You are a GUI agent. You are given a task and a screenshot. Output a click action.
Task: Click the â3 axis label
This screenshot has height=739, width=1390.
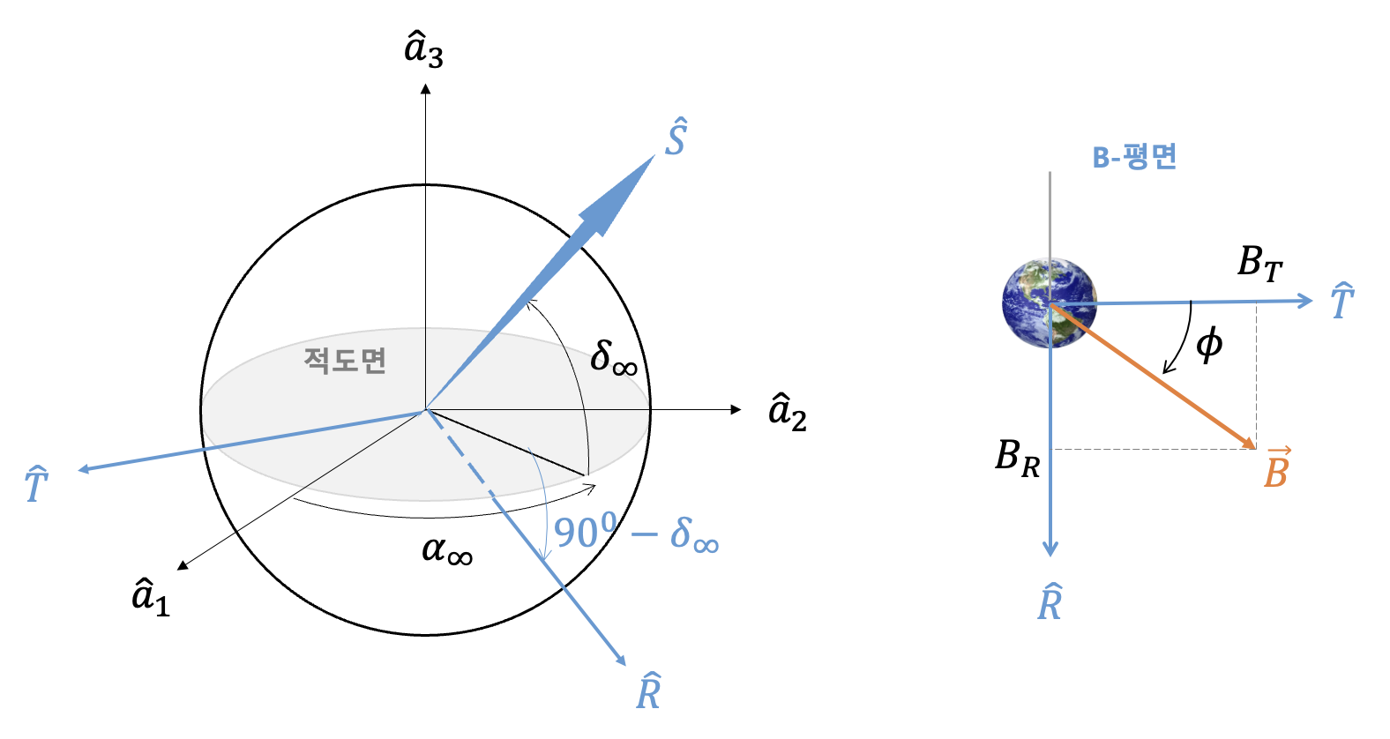pyautogui.click(x=424, y=51)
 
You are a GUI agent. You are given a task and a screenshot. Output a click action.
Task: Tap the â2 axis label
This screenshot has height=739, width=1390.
pyautogui.click(x=788, y=412)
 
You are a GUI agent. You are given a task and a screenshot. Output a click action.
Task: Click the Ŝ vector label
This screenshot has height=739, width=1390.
pyautogui.click(x=676, y=136)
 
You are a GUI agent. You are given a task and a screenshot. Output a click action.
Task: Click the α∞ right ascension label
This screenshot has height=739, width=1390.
pyautogui.click(x=447, y=550)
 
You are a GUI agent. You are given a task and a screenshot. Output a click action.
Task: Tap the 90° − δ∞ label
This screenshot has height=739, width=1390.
pyautogui.click(x=636, y=533)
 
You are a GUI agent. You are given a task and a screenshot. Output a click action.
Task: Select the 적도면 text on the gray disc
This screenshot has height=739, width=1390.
pyautogui.click(x=345, y=361)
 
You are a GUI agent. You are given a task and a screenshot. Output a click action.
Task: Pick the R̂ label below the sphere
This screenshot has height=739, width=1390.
pyautogui.click(x=648, y=690)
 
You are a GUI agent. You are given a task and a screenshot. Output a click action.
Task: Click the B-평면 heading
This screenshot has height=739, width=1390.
pyautogui.click(x=1134, y=156)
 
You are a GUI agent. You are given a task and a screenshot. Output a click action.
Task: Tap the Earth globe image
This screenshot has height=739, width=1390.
pyautogui.click(x=1050, y=302)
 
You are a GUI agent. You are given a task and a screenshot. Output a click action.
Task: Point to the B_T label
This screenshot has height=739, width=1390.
pyautogui.click(x=1259, y=263)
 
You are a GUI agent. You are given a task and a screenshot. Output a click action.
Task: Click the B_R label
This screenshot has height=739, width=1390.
pyautogui.click(x=1018, y=459)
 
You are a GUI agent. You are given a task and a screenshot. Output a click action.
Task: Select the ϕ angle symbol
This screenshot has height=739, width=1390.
pyautogui.click(x=1209, y=345)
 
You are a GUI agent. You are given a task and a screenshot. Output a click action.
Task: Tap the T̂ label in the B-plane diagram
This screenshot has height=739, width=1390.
pyautogui.click(x=1343, y=301)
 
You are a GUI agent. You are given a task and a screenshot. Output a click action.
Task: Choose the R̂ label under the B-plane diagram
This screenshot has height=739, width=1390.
pyautogui.click(x=1050, y=601)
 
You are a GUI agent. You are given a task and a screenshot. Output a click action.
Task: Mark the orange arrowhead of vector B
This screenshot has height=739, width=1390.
pyautogui.click(x=1246, y=442)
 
